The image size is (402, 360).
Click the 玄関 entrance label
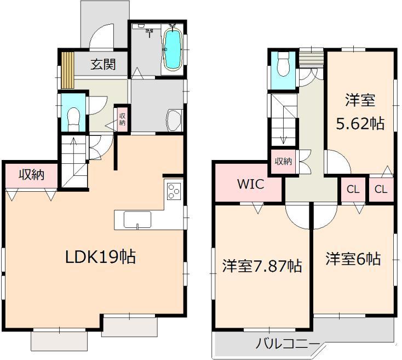coord(103,65)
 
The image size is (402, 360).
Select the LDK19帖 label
coord(101,256)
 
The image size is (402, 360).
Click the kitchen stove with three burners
coord(174,192)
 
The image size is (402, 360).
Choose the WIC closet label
coord(250,185)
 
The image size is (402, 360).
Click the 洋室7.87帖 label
coord(262,267)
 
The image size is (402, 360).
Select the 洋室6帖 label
coord(353,259)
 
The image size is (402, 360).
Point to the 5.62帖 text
coord(359,124)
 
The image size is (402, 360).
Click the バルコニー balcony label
coord(288,344)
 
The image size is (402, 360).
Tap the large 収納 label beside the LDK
coord(31,175)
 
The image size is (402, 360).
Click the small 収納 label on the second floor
coord(283,161)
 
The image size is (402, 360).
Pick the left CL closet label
coord(353,190)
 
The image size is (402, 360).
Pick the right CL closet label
coord(381,190)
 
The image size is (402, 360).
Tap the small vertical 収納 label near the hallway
coord(123,119)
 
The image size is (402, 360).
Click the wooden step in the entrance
coord(67,70)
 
